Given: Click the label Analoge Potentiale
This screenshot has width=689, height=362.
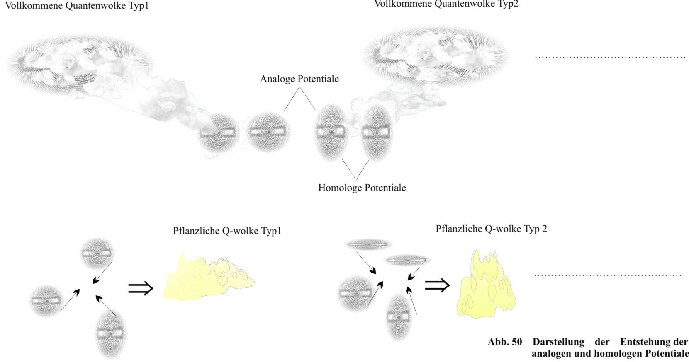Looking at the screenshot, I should click(299, 79).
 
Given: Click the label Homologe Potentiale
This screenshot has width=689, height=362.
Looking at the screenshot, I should click(362, 188).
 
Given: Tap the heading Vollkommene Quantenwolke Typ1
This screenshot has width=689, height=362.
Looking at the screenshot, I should click(76, 6).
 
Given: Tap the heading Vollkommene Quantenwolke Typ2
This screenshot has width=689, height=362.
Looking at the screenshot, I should click(446, 4).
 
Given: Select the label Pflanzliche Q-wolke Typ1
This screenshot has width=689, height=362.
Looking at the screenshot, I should click(227, 231).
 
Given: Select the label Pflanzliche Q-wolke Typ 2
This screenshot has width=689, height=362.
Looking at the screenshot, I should click(491, 229).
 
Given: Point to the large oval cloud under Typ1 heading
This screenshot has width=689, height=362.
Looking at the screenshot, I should click(81, 62).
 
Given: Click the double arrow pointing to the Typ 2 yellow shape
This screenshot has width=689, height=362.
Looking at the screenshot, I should click(437, 285).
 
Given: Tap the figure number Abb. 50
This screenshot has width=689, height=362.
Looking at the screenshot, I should click(505, 342).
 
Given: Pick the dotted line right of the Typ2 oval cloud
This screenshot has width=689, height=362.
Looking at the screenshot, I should click(610, 57).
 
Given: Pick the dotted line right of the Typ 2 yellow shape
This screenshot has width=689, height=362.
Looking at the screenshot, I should click(607, 275).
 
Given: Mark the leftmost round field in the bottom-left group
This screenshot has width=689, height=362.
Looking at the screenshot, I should click(46, 300).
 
